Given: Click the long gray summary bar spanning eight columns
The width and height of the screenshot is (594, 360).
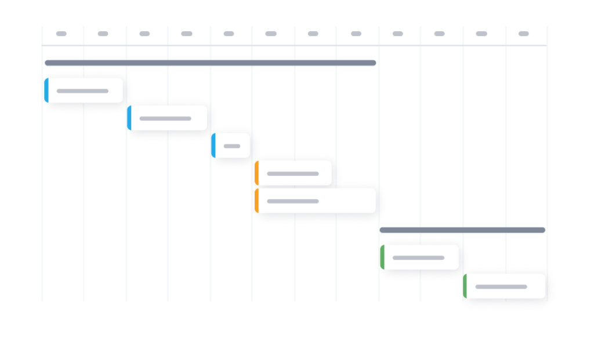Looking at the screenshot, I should pyautogui.click(x=211, y=63).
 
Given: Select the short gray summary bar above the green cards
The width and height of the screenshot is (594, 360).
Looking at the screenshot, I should pyautogui.click(x=463, y=230).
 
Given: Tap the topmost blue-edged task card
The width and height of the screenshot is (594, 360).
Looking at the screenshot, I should pyautogui.click(x=85, y=90).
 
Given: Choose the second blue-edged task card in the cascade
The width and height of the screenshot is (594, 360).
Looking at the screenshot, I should pyautogui.click(x=168, y=118).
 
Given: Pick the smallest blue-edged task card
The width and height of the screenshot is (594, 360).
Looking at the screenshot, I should pyautogui.click(x=231, y=146).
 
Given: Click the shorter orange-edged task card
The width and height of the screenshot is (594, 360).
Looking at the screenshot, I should pyautogui.click(x=294, y=173).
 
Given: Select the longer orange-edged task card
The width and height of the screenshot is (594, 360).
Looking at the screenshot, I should pyautogui.click(x=316, y=201).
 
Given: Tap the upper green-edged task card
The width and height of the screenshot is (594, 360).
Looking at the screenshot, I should pyautogui.click(x=421, y=257).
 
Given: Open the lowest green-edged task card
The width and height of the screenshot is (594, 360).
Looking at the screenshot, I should pyautogui.click(x=505, y=286).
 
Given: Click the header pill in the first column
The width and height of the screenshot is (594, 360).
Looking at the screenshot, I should pyautogui.click(x=61, y=34).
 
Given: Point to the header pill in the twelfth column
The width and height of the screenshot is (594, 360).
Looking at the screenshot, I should pyautogui.click(x=524, y=34).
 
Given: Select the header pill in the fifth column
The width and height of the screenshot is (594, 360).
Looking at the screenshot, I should pyautogui.click(x=229, y=34).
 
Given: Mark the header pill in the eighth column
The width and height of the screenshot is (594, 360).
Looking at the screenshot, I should pyautogui.click(x=356, y=34).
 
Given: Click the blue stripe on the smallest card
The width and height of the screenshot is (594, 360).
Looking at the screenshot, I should pyautogui.click(x=213, y=146).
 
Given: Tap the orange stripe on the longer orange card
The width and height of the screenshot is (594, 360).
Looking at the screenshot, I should pyautogui.click(x=256, y=201).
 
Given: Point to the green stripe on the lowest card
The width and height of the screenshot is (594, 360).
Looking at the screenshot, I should pyautogui.click(x=465, y=286).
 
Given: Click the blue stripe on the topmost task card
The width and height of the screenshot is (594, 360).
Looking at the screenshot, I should pyautogui.click(x=46, y=90).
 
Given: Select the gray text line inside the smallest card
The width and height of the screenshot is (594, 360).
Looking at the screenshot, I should pyautogui.click(x=232, y=146).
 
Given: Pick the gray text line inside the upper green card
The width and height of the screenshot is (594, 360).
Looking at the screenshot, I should pyautogui.click(x=418, y=257).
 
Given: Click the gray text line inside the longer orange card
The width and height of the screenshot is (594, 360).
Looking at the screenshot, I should pyautogui.click(x=293, y=201).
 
